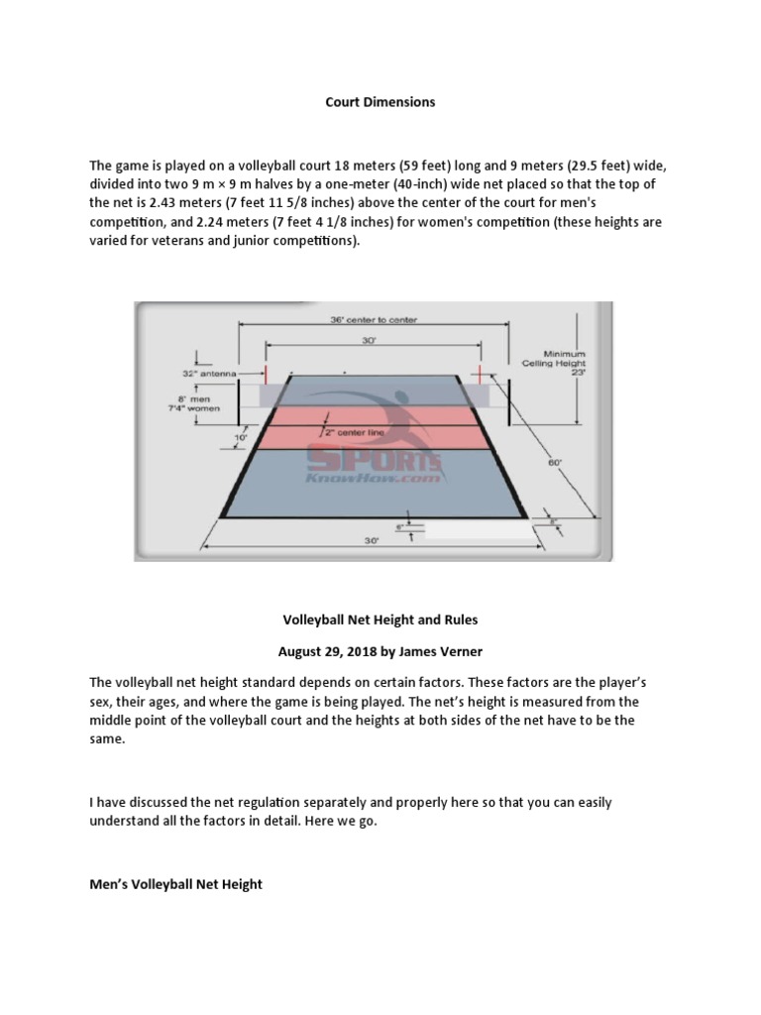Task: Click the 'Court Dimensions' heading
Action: (x=380, y=103)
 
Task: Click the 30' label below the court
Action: (x=373, y=541)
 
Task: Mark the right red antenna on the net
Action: (x=481, y=373)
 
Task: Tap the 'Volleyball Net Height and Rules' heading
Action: (x=380, y=620)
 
